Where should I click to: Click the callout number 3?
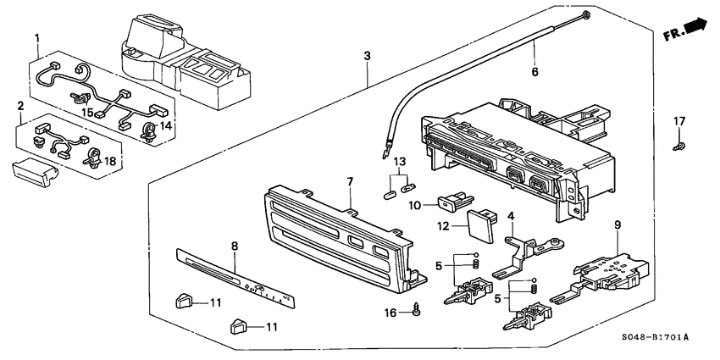tap(367, 56)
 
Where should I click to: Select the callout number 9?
tap(617, 224)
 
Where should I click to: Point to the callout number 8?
tap(235, 246)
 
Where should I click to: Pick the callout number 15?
tap(86, 113)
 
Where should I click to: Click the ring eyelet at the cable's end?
tap(585, 13)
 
